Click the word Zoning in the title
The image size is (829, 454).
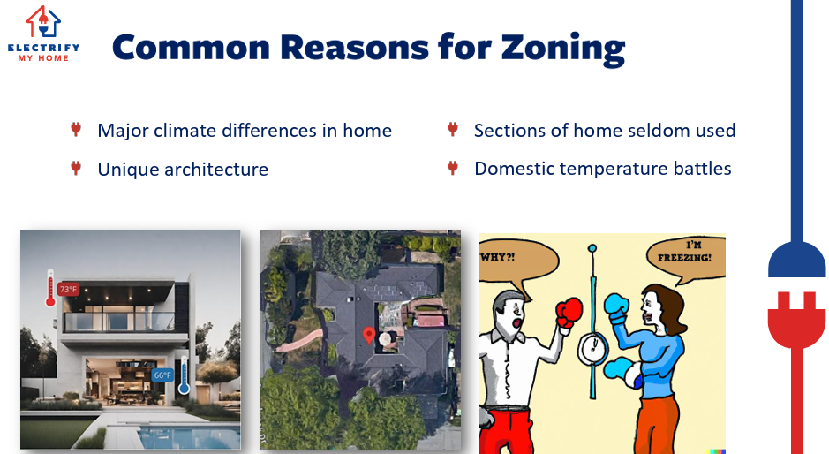[x=563, y=49]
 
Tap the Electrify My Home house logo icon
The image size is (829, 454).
[x=43, y=22]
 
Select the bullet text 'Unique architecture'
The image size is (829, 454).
[x=183, y=170]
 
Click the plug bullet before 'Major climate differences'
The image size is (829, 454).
[x=76, y=130]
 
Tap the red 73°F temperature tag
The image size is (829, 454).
[x=68, y=290]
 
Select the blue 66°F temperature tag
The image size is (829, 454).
[x=162, y=375]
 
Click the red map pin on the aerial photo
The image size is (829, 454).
[x=369, y=336]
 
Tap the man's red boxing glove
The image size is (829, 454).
[x=569, y=313]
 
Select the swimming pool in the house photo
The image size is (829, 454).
[x=188, y=436]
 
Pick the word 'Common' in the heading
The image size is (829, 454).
[x=192, y=49]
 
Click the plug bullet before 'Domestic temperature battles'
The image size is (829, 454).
[x=453, y=168]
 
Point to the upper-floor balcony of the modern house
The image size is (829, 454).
[x=119, y=322]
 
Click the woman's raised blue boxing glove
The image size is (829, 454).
[x=616, y=308]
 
